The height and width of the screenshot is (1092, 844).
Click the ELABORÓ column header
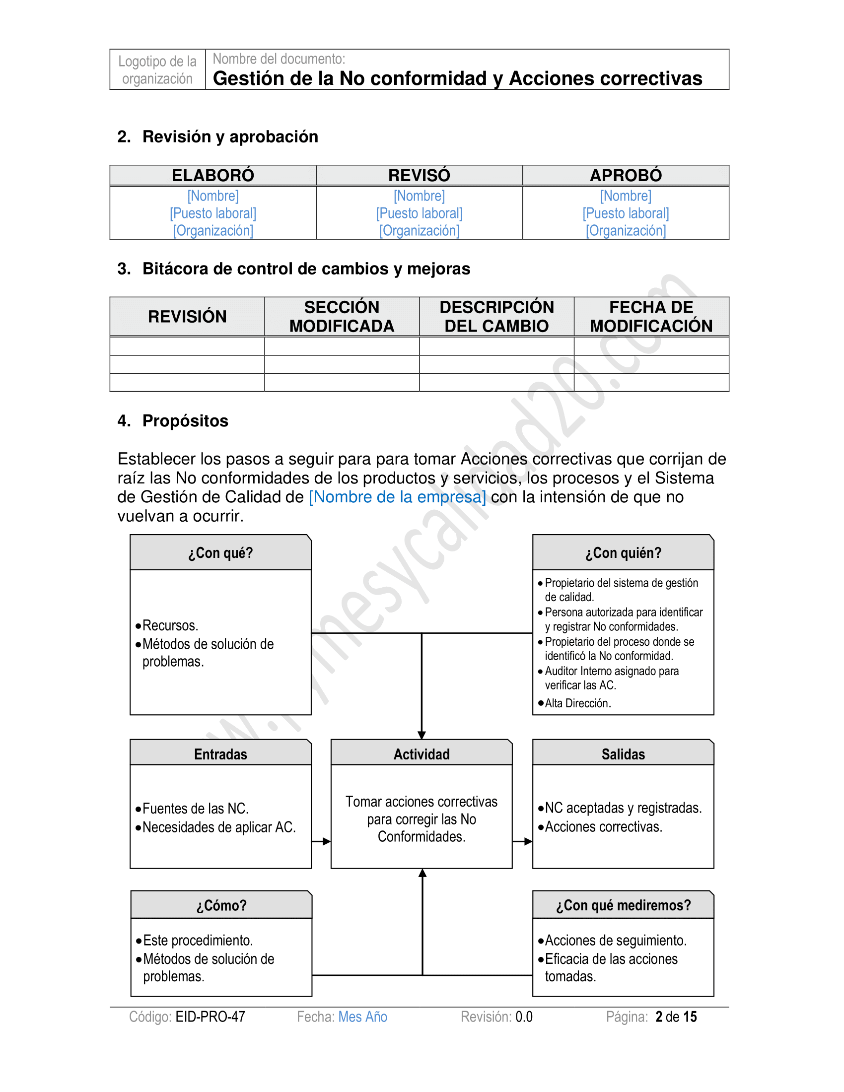213,176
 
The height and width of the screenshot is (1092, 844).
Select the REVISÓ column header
419,176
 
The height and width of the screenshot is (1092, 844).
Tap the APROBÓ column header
626,176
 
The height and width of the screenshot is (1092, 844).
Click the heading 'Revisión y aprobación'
230,136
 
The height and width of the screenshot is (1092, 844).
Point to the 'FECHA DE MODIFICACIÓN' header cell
651,317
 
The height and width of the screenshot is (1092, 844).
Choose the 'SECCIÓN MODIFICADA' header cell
342,317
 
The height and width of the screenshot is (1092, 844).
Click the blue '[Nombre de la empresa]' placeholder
397,497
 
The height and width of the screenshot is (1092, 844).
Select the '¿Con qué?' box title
220,553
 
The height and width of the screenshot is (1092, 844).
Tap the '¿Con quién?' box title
623,553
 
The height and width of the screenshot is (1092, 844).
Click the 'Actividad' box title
422,754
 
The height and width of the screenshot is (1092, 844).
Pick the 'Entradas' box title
220,754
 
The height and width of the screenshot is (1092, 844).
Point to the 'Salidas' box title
623,754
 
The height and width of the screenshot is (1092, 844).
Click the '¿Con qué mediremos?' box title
623,905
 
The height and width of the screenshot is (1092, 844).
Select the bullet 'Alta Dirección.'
577,703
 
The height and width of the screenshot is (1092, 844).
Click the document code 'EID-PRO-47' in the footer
210,1017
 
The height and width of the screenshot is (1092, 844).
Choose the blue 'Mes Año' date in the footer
362,1017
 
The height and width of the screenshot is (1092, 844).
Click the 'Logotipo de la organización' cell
157,70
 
